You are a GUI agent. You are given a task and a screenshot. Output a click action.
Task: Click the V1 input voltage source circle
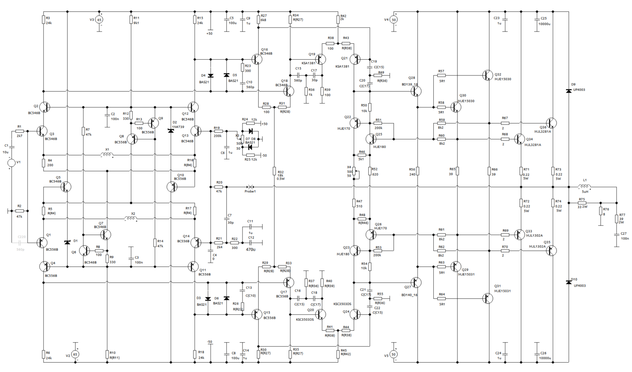pyautogui.click(x=11, y=163)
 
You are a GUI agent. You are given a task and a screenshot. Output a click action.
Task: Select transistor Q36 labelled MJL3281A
pyautogui.click(x=552, y=123)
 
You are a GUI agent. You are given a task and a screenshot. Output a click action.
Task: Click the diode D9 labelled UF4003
pyautogui.click(x=568, y=91)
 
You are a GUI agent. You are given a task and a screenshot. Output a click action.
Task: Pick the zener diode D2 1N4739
pyautogui.click(x=171, y=130)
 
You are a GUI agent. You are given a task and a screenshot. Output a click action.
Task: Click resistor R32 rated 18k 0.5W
pyautogui.click(x=275, y=171)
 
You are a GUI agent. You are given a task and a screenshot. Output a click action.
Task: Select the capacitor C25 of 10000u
pyautogui.click(x=537, y=20)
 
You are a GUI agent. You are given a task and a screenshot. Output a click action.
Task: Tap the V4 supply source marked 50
pyautogui.click(x=394, y=20)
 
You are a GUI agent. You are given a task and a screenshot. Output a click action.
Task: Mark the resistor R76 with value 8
pyautogui.click(x=600, y=211)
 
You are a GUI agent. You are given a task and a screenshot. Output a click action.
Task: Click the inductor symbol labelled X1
pyautogui.click(x=107, y=155)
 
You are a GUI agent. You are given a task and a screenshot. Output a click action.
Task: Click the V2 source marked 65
pyautogui.click(x=75, y=355)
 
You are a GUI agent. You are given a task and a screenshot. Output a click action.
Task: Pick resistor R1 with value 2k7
pyautogui.click(x=20, y=131)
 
